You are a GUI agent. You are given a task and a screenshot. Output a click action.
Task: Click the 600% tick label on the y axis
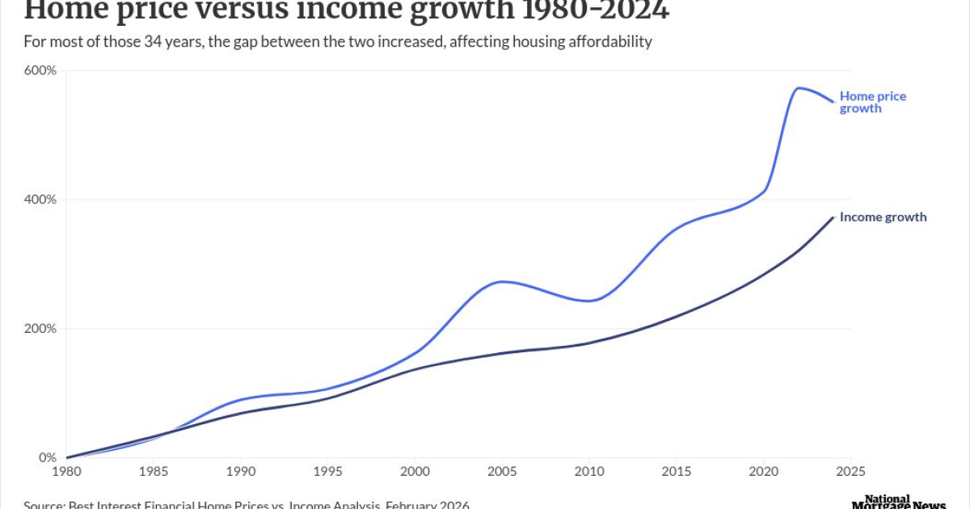click(x=40, y=70)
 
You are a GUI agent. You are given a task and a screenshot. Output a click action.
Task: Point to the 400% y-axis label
click(x=40, y=200)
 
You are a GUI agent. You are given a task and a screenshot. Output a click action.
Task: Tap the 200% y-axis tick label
click(x=40, y=329)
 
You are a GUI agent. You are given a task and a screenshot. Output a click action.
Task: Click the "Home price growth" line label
click(x=872, y=102)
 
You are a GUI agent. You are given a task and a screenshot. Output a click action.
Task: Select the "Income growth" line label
click(x=883, y=217)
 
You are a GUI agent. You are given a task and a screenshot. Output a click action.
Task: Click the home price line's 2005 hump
click(x=502, y=281)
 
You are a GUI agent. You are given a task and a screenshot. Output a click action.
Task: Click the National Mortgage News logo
click(x=898, y=503)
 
